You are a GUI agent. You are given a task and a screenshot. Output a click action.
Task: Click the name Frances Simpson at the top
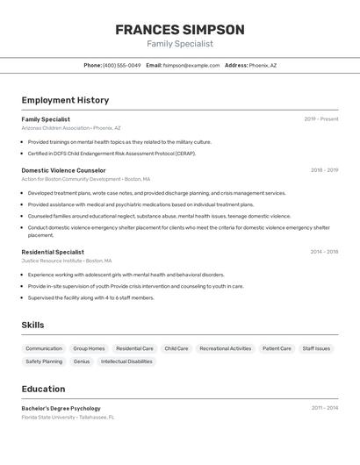pos(180,29)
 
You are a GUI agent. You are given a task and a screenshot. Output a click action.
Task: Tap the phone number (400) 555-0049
pos(121,65)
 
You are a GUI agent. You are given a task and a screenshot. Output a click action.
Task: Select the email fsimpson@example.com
pos(191,65)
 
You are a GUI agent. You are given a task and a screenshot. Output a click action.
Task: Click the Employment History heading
pos(65,100)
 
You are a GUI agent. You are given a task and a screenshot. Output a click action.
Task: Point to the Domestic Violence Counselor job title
pos(63,170)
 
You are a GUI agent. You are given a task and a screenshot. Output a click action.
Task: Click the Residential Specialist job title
pos(53,252)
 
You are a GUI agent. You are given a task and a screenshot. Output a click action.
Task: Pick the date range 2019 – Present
pos(321,119)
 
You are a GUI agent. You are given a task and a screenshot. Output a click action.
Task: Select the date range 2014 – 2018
pos(324,252)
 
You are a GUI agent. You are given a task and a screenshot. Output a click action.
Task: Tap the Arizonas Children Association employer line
pos(71,128)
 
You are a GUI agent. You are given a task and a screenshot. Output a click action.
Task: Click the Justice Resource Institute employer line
pos(67,261)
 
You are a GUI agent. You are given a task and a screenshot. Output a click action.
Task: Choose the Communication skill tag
pos(44,348)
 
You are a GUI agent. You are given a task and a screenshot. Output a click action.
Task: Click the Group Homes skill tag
pos(89,348)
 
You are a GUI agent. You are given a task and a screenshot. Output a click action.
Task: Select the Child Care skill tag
pos(176,348)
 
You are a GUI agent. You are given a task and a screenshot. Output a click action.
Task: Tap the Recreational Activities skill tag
pos(225,348)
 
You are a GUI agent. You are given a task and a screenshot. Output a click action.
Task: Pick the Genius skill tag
pos(82,361)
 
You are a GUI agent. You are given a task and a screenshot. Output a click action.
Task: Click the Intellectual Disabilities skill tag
pos(126,361)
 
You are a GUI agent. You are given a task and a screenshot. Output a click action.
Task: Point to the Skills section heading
pos(32,325)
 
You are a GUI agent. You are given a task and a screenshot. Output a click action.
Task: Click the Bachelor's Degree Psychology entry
pos(61,408)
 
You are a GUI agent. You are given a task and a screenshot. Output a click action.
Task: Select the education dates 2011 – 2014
pos(324,408)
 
